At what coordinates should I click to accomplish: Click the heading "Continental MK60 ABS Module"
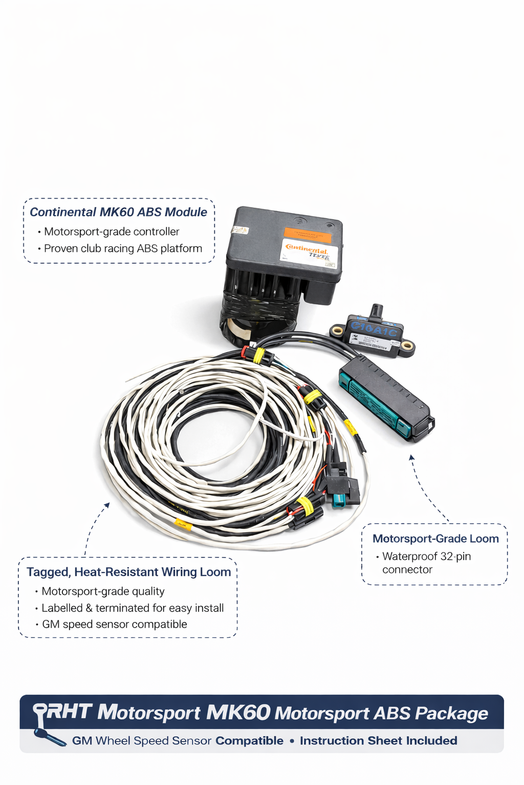pos(118,212)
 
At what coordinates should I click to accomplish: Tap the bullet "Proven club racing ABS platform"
pos(123,249)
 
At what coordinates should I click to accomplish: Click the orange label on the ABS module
pos(307,236)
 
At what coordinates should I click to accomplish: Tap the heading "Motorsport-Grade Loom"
pos(435,539)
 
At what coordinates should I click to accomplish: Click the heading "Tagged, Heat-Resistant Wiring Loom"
pos(128,572)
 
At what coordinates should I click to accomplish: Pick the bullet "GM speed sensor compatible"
pos(114,625)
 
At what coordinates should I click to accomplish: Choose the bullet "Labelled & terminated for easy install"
pos(133,608)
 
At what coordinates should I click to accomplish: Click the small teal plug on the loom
pos(339,499)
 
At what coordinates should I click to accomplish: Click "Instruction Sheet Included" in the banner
pos(378,741)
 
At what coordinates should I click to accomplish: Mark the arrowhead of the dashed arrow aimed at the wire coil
pos(107,505)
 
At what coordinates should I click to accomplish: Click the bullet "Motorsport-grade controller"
pos(112,232)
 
